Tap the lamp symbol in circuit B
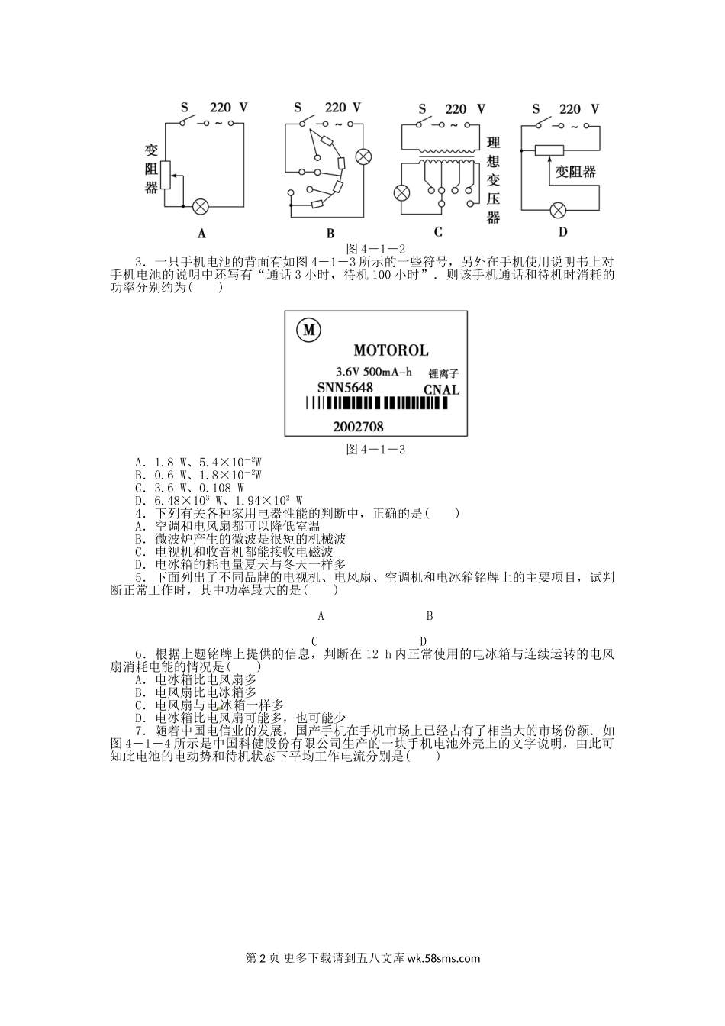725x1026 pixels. (364, 157)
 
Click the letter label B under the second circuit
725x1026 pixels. (330, 234)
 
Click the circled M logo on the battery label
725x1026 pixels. (309, 331)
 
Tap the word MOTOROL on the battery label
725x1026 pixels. (391, 351)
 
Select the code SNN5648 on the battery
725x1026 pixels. (345, 388)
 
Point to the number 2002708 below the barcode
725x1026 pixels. (358, 427)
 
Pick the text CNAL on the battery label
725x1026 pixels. (442, 390)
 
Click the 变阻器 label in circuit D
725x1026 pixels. (575, 173)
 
